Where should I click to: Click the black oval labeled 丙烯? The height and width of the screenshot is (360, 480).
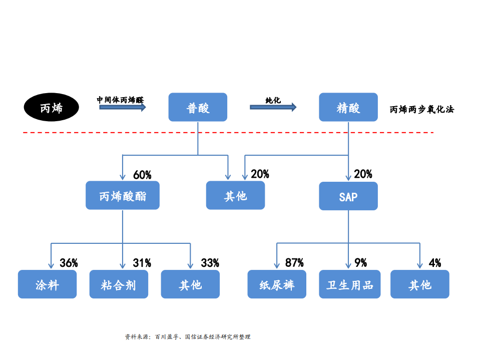pyautogui.click(x=52, y=107)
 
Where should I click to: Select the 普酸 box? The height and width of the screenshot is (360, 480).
pyautogui.click(x=198, y=107)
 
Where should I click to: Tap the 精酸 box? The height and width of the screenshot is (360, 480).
pyautogui.click(x=348, y=107)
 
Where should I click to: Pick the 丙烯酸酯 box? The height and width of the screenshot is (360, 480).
pyautogui.click(x=123, y=195)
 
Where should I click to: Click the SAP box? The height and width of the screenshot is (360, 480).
pyautogui.click(x=348, y=196)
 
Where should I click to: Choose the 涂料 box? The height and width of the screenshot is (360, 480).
pyautogui.click(x=48, y=284)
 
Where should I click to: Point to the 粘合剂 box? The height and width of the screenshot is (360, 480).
pyautogui.click(x=119, y=284)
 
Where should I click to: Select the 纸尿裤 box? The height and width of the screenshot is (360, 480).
pyautogui.click(x=277, y=284)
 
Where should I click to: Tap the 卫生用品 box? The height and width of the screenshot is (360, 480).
pyautogui.click(x=349, y=284)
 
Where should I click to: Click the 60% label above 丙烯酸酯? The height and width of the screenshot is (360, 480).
pyautogui.click(x=142, y=175)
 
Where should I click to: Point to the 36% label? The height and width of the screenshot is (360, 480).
pyautogui.click(x=69, y=263)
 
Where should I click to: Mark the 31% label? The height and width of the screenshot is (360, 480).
pyautogui.click(x=142, y=263)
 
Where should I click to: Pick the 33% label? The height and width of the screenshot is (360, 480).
pyautogui.click(x=210, y=263)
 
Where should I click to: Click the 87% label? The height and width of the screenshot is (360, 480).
pyautogui.click(x=294, y=263)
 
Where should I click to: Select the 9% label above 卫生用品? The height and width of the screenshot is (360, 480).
pyautogui.click(x=360, y=263)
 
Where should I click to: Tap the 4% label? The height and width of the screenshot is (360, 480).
pyautogui.click(x=435, y=263)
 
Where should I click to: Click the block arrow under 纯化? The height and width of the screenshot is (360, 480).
pyautogui.click(x=273, y=107)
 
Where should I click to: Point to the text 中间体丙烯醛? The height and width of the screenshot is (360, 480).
pyautogui.click(x=120, y=100)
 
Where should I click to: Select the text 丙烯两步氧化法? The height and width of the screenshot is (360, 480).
pyautogui.click(x=422, y=109)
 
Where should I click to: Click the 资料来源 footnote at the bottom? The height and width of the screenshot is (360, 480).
pyautogui.click(x=187, y=337)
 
